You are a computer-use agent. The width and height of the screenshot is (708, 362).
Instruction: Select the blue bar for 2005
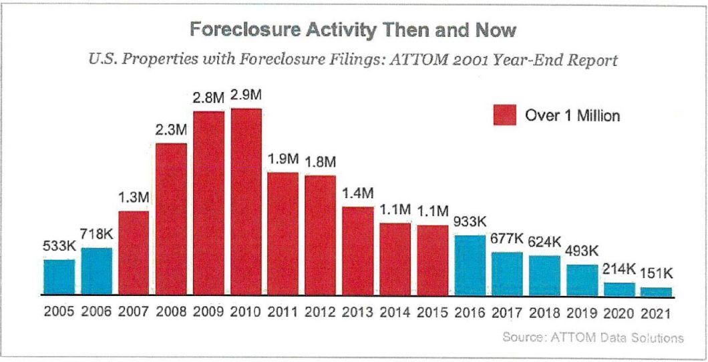tap(59, 277)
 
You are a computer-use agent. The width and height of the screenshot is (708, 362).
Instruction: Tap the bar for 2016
tap(470, 265)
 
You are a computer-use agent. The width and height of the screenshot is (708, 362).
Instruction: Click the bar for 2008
tap(172, 218)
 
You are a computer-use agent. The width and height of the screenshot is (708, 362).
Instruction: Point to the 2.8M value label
tap(208, 98)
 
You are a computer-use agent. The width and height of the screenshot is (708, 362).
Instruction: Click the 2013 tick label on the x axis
tap(358, 312)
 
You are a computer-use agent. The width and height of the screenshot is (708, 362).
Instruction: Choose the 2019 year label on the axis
tap(582, 312)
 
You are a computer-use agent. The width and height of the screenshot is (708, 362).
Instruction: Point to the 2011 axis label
tap(283, 312)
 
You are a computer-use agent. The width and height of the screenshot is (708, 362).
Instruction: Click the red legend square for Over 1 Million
tap(504, 115)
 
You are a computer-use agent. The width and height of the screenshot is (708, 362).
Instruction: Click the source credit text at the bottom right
tap(592, 338)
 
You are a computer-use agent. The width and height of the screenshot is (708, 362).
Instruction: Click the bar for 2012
tap(321, 235)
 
